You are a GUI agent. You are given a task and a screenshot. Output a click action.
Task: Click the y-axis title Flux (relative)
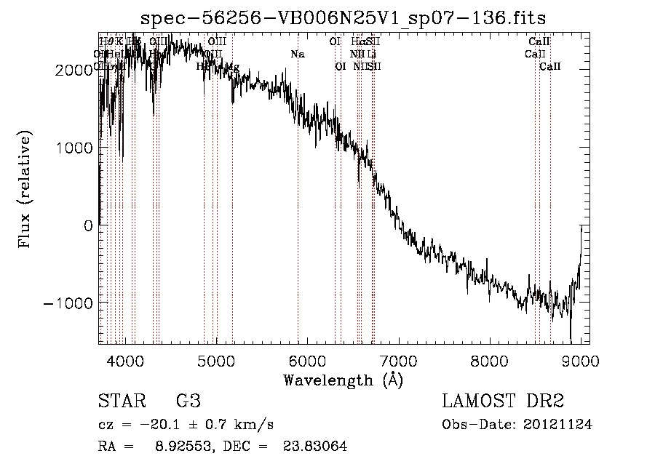[x=25, y=190]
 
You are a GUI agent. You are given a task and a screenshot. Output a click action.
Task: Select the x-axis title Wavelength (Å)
[x=343, y=380]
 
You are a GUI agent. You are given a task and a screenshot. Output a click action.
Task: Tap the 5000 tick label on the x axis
[x=216, y=361]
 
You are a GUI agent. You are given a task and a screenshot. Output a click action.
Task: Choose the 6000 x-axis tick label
[x=307, y=361]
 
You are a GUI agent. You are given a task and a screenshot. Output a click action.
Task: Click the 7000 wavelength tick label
[x=398, y=361]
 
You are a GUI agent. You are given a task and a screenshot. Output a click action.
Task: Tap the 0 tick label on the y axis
[x=89, y=225]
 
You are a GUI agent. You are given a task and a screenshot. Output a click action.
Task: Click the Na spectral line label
[x=297, y=54]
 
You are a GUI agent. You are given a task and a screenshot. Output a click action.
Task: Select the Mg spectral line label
[x=232, y=66]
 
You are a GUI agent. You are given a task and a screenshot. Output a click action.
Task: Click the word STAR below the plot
[x=121, y=401]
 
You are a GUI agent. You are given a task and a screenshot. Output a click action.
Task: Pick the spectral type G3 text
[x=188, y=401]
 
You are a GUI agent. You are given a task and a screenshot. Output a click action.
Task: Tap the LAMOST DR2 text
[x=503, y=401]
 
